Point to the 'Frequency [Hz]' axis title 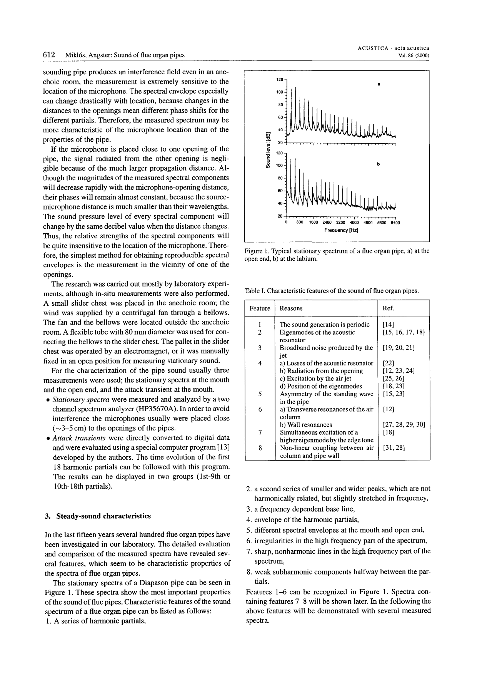pos(341,230)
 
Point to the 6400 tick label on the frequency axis pos(395,223)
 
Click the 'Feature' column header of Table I pos(260,308)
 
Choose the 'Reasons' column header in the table pos(291,308)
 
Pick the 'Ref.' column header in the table pos(388,308)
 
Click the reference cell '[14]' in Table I pos(388,325)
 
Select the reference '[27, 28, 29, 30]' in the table pos(404,425)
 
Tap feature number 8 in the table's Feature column pos(260,448)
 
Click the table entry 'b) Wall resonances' pos(306,425)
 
